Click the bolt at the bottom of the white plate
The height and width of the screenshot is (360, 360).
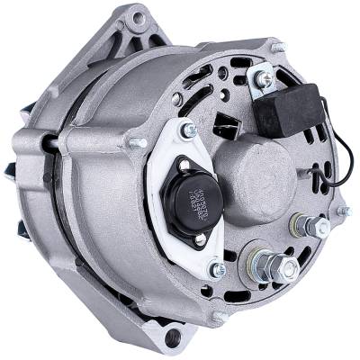[216, 268]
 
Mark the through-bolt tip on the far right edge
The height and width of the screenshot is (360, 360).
[342, 211]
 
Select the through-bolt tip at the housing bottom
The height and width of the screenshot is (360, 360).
[216, 316]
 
